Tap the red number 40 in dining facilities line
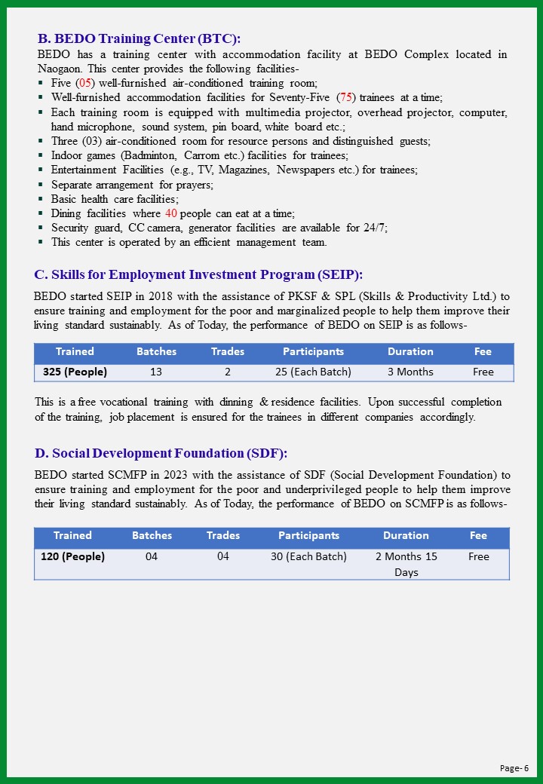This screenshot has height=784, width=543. click(171, 213)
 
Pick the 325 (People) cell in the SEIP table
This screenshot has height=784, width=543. click(75, 372)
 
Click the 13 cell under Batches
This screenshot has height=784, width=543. click(156, 372)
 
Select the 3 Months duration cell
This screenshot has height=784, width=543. click(410, 372)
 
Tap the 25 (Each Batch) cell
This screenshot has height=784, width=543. click(313, 372)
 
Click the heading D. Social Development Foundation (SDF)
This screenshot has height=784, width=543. click(161, 453)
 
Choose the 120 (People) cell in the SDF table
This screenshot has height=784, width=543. click(72, 556)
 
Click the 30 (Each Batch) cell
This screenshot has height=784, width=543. click(308, 556)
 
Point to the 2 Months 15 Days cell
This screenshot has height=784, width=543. click(406, 564)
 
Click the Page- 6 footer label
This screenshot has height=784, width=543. click(514, 767)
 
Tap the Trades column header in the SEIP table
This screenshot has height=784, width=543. click(228, 351)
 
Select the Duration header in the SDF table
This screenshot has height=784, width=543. click(406, 535)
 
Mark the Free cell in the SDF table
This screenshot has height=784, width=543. click(478, 556)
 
